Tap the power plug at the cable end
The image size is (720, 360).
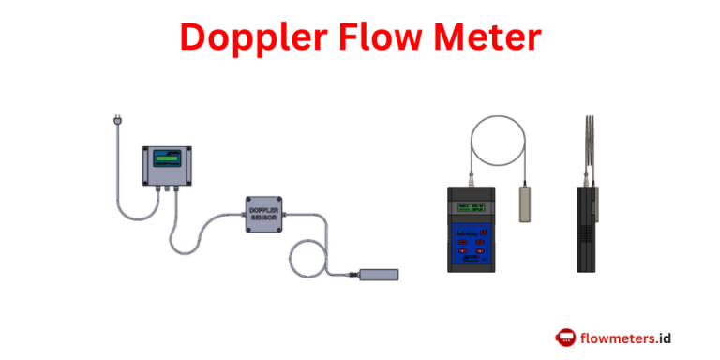(x=116, y=121)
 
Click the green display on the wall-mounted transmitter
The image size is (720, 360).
(x=167, y=157)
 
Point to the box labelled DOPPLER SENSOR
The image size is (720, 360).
(x=263, y=214)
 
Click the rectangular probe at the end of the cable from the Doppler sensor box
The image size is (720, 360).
(x=379, y=275)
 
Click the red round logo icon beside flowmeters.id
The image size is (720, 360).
(x=565, y=337)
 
